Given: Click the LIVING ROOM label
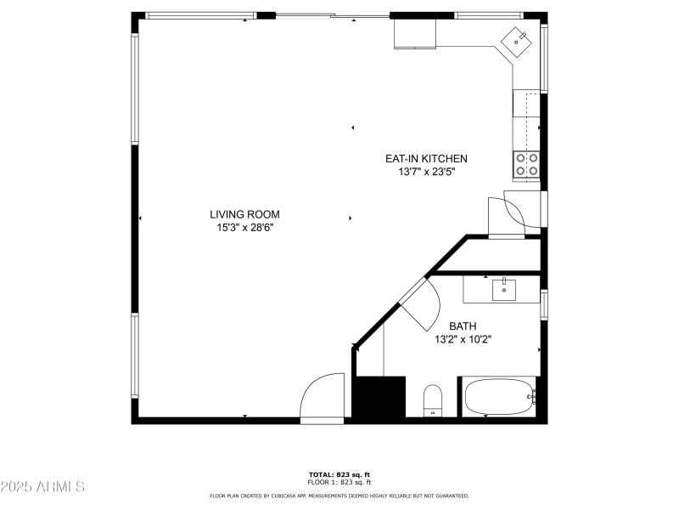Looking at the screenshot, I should (244, 214).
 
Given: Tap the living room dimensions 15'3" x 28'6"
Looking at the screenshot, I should (244, 227).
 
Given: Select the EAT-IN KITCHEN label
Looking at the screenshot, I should (426, 158).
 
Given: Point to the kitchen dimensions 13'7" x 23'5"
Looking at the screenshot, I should (426, 171).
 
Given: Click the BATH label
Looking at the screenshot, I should (463, 326).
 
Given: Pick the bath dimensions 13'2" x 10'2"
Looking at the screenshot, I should (463, 338).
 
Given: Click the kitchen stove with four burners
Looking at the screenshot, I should (526, 164).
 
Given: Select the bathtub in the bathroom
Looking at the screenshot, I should (498, 397).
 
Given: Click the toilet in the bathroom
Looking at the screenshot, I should (433, 399).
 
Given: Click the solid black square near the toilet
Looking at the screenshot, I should (378, 397).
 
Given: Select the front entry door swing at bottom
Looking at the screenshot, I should (323, 398).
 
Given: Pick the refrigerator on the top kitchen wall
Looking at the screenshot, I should (415, 34).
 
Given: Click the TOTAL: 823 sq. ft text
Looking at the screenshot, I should (339, 474).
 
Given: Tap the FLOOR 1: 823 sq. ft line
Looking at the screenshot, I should (339, 482).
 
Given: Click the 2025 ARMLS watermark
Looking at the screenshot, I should (42, 487).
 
